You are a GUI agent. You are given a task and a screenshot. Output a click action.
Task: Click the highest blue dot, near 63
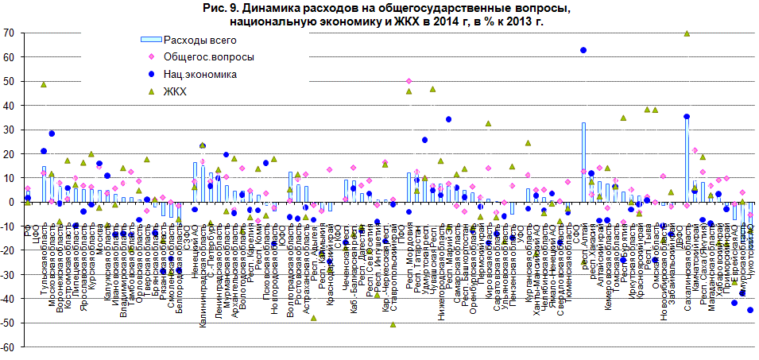click(x=583, y=50)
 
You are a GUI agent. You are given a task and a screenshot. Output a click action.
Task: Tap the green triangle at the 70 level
click(x=687, y=33)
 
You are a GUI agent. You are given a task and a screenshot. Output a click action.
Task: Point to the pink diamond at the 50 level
click(x=409, y=81)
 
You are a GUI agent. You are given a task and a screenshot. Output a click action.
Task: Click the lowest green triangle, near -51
click(x=393, y=324)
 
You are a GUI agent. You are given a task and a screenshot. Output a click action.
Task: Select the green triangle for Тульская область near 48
click(x=44, y=84)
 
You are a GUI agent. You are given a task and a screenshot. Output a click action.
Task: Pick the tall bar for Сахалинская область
click(x=687, y=159)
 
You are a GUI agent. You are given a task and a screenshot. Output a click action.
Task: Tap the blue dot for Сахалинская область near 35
click(x=687, y=117)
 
